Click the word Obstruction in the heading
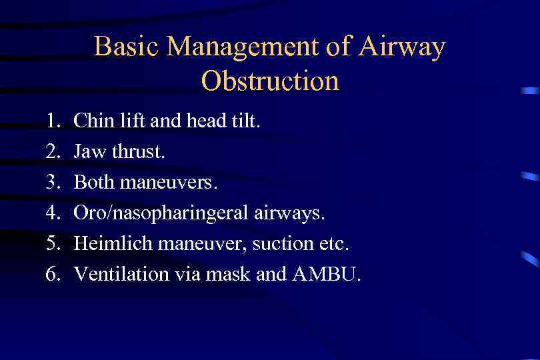coord(270,81)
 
